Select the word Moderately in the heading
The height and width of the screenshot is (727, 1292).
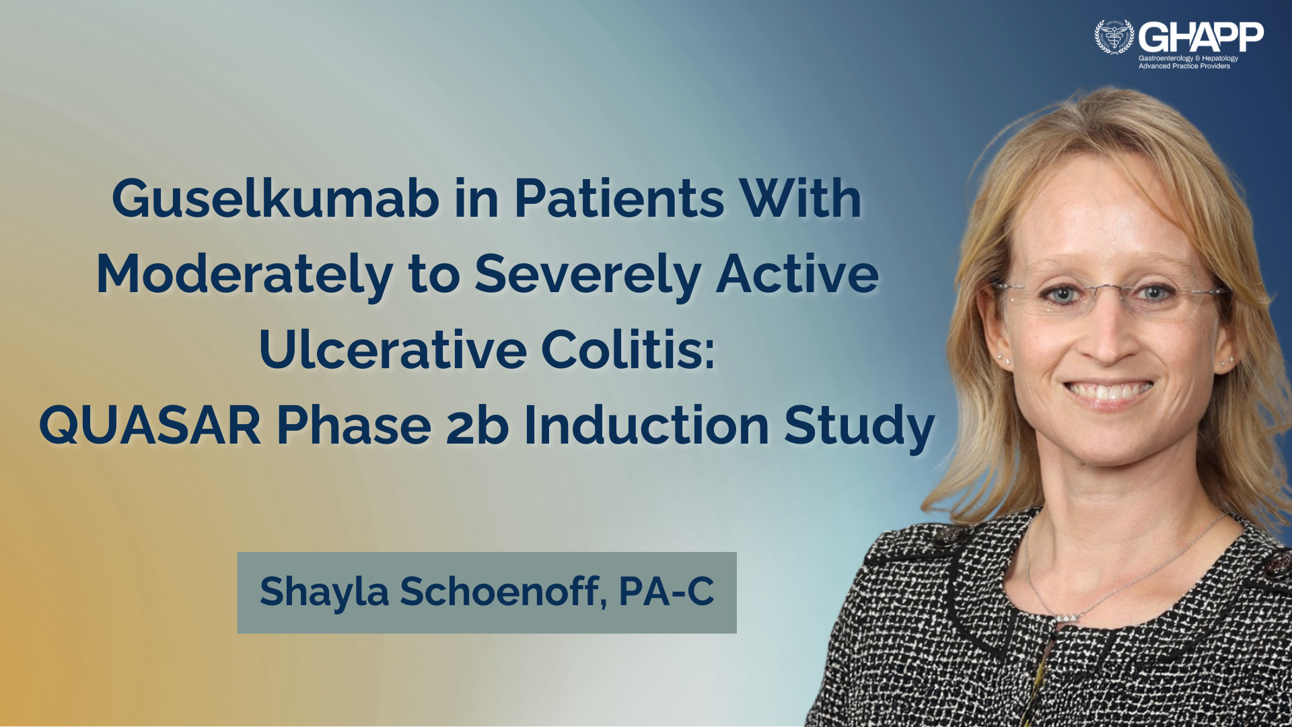point(245,275)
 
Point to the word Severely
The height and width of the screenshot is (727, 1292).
point(587,275)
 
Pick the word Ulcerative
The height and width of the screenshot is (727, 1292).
point(393,349)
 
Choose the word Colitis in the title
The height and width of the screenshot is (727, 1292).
point(628,349)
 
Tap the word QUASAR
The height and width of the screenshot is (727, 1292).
point(150,425)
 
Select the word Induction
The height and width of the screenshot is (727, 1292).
point(647,425)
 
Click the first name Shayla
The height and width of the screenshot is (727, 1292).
point(324,592)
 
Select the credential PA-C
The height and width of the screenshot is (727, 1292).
point(666,591)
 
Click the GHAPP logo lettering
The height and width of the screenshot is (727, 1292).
point(1201,37)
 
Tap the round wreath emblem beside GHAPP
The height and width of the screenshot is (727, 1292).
point(1114,36)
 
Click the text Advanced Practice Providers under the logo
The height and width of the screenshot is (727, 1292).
point(1184,66)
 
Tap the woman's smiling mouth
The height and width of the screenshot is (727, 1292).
point(1109,391)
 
